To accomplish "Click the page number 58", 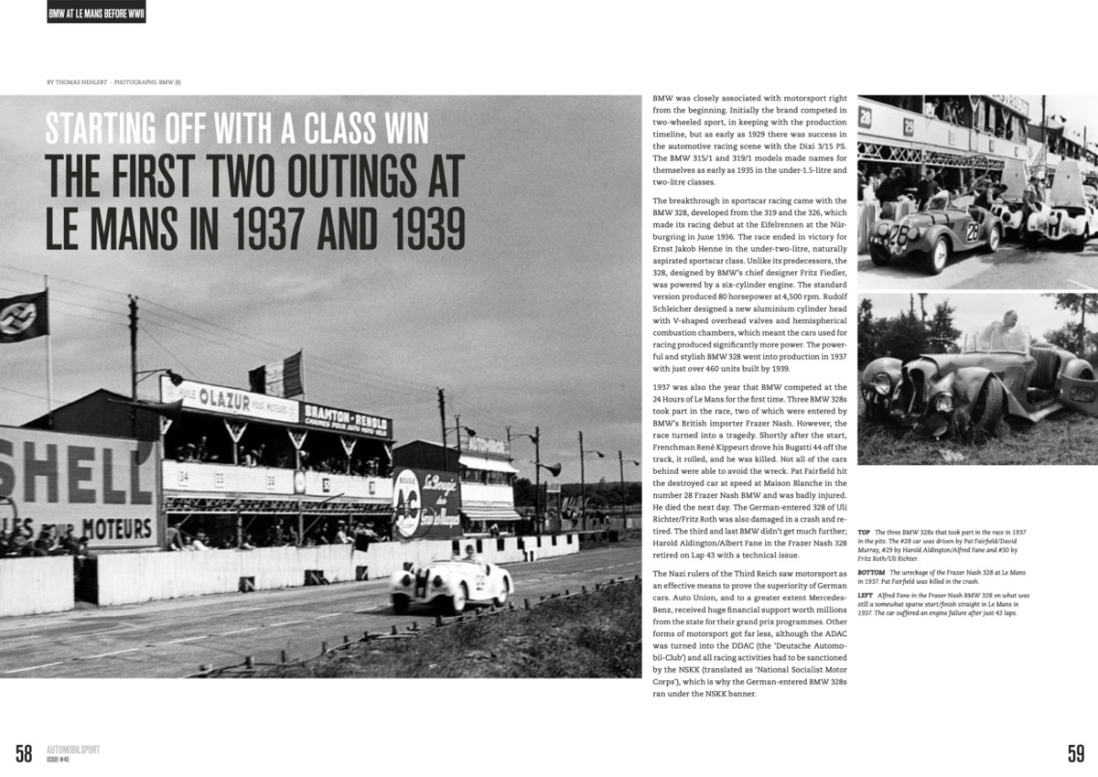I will pyautogui.click(x=23, y=753).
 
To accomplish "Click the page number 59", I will pyautogui.click(x=1075, y=753).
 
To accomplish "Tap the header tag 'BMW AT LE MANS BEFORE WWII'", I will pyautogui.click(x=96, y=13).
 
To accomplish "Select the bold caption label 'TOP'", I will pyautogui.click(x=865, y=532).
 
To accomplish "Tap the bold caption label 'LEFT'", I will pyautogui.click(x=866, y=594).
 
